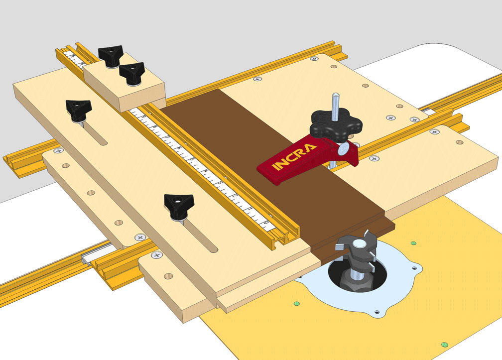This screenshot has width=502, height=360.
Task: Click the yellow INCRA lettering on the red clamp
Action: click(294, 158)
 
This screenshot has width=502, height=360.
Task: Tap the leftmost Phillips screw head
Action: click(58, 150)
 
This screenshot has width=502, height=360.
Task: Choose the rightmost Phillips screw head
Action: click(435, 131)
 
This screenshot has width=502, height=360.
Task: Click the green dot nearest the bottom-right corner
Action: click(443, 344)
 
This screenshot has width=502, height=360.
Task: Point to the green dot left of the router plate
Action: click(297, 302)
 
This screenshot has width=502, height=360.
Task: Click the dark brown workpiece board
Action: click(279, 199)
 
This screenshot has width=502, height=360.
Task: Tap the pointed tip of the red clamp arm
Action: click(260, 169)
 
